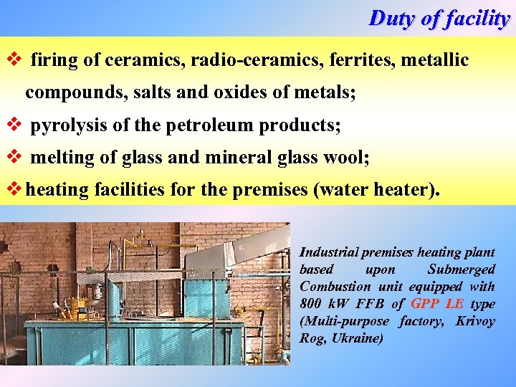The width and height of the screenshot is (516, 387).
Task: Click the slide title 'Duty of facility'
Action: [x=439, y=18]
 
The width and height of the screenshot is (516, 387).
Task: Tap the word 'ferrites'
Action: [x=361, y=60]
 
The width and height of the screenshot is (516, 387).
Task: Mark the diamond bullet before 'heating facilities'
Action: [x=12, y=190]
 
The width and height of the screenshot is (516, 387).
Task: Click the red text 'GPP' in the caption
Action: [x=425, y=304]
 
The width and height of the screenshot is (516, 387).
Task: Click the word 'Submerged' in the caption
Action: [x=461, y=269]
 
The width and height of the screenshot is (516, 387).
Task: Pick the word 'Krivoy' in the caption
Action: [x=475, y=321]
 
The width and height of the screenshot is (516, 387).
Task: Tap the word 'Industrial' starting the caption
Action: [x=328, y=252]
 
